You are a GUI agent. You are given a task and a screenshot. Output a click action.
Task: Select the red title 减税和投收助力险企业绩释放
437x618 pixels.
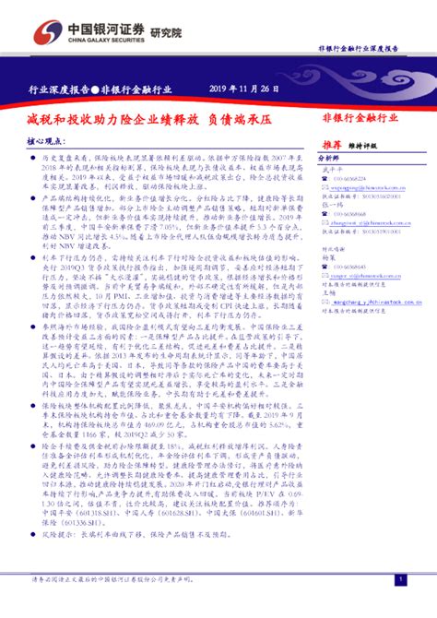(x=108, y=119)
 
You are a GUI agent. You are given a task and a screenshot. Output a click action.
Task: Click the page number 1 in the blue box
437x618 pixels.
(x=399, y=578)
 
